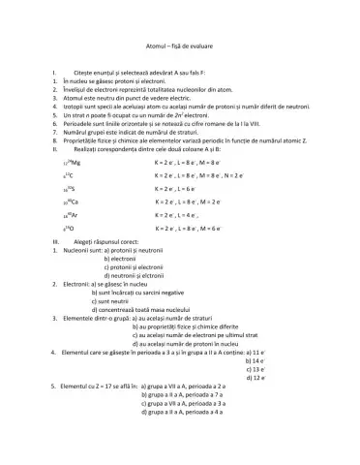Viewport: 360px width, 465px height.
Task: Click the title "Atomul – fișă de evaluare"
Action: pyautogui.click(x=179, y=44)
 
